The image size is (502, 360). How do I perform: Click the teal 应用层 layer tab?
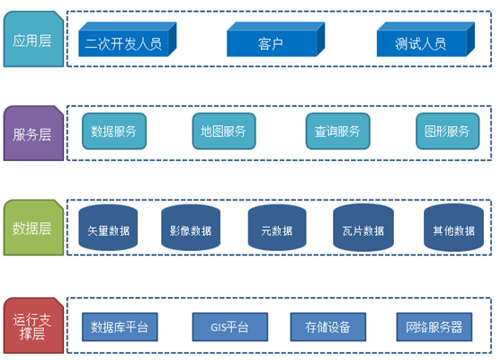pos(33,39)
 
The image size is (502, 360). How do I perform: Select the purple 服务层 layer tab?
pos(33,133)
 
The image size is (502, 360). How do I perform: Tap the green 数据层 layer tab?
pos(33,228)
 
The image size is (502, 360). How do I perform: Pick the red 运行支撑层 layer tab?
pos(33,326)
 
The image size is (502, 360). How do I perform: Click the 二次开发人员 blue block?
pos(128,40)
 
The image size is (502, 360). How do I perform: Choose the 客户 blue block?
pos(275,40)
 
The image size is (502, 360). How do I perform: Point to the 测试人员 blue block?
pos(426,40)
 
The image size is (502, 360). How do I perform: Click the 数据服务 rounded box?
pos(114,131)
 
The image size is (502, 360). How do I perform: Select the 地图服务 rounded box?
pos(224,131)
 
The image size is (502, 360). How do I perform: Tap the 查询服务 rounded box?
pos(337,131)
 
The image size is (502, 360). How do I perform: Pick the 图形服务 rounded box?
pos(448,131)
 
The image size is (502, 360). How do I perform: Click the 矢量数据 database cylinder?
pos(108,228)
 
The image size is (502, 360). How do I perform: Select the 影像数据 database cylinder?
pos(191,228)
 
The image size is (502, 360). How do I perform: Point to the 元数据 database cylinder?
pos(277,228)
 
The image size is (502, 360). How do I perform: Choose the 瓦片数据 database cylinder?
pos(363,228)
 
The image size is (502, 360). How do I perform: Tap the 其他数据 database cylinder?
pos(453,228)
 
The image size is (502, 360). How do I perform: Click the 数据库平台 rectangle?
pos(120,327)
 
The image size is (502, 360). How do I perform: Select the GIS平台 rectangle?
pos(230,327)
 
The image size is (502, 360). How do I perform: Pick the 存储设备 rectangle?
pos(328,327)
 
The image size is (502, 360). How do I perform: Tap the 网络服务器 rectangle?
pos(435,327)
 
